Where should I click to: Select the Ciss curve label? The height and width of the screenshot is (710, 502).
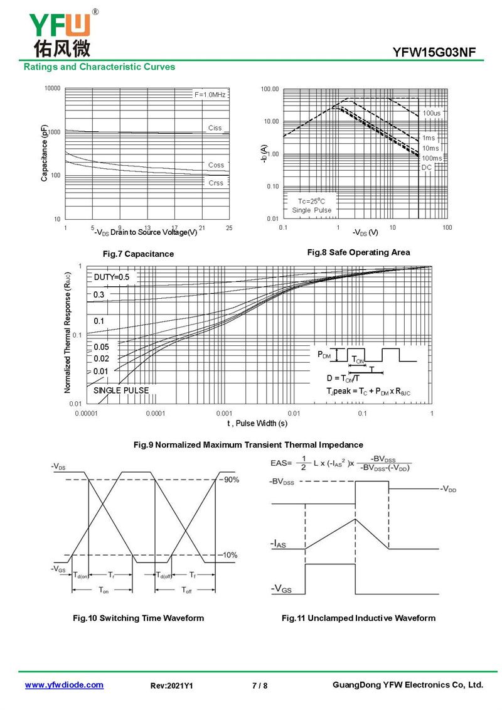point(215,128)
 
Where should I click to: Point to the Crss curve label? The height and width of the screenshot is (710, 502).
point(216,183)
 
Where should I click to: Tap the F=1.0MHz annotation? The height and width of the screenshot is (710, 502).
point(210,94)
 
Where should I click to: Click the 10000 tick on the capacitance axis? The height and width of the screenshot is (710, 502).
point(53,89)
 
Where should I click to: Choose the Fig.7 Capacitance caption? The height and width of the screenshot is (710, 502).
point(138,254)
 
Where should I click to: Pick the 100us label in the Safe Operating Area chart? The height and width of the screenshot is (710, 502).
point(432,113)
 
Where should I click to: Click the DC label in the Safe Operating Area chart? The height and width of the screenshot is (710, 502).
point(426,167)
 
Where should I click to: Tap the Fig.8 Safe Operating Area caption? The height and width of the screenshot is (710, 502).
point(358,252)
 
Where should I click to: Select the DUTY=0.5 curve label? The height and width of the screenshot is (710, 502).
point(112,277)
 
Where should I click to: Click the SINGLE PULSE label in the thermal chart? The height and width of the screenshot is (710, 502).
point(121,390)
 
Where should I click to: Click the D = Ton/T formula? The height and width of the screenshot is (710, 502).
point(343,378)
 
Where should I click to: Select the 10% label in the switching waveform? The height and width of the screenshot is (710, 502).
point(230,555)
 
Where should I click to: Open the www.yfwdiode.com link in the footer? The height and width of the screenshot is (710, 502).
point(64,685)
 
